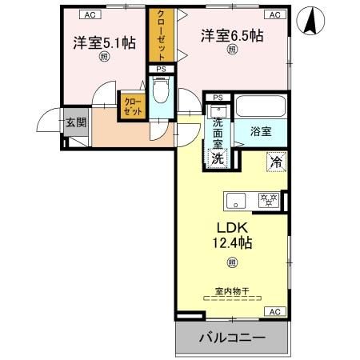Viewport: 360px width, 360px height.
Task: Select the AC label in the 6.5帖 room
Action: (274, 14)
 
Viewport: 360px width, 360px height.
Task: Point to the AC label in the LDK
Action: (274, 311)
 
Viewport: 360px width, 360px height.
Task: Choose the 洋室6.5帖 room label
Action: (232, 35)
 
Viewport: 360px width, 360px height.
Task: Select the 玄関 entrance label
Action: (76, 122)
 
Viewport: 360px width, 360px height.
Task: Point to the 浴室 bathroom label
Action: (261, 129)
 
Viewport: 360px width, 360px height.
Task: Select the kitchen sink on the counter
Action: (237, 199)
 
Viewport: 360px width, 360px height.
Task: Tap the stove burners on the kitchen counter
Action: (266, 199)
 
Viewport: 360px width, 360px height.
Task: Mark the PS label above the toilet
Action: (162, 70)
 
